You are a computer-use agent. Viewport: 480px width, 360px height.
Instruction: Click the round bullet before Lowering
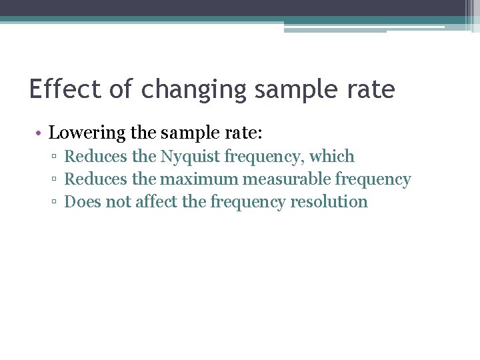pos(41,133)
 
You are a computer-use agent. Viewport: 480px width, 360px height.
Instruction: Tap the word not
pos(119,202)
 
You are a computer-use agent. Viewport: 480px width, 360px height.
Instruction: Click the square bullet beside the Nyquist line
pos(55,157)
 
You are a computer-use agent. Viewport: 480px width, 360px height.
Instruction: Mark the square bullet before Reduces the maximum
pos(55,180)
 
